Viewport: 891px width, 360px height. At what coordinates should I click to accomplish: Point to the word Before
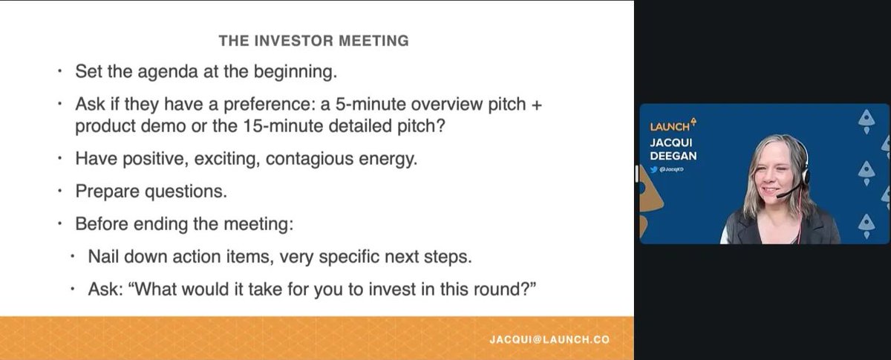point(100,224)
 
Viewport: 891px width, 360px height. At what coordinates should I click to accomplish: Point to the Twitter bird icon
point(654,170)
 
